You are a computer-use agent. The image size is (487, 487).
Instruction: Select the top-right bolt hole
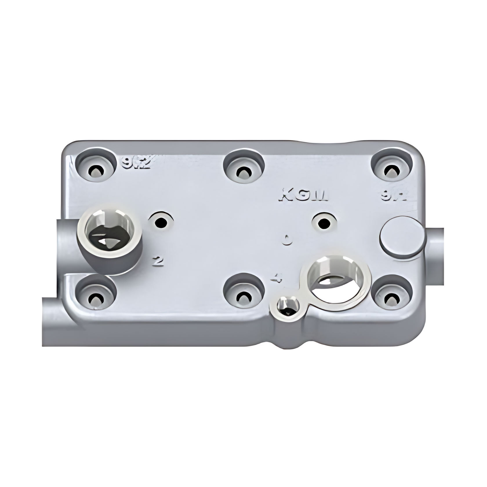(x=391, y=171)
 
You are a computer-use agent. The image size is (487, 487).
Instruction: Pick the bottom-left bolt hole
(x=96, y=297)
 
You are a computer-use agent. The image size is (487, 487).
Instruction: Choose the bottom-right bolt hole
(x=391, y=297)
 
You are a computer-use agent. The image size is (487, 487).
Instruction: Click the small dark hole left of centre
(x=161, y=223)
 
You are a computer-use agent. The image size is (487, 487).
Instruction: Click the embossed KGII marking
(x=304, y=196)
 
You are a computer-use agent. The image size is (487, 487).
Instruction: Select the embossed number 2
(x=158, y=261)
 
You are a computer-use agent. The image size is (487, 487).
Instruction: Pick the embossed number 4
(x=277, y=279)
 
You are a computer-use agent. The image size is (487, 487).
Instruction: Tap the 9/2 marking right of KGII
(x=394, y=196)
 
